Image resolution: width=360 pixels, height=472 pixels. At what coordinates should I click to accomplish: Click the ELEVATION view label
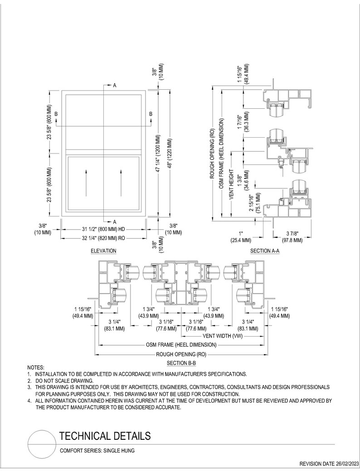[103, 250]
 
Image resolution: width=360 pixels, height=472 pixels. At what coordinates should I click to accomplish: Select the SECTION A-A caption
[265, 250]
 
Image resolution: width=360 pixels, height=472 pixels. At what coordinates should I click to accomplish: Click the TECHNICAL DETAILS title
[105, 436]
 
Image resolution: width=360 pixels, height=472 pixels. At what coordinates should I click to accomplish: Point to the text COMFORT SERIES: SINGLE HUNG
[97, 451]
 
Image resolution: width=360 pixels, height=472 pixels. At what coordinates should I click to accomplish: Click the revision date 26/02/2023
[329, 464]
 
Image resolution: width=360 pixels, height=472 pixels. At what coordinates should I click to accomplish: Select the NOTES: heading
[36, 367]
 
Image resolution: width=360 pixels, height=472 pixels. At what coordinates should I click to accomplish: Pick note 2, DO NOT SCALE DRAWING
[64, 381]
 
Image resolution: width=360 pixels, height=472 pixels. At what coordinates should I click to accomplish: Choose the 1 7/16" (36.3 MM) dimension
[242, 122]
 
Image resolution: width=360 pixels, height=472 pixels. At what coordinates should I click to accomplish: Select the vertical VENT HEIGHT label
[231, 185]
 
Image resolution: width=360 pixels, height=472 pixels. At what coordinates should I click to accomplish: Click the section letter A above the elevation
[115, 86]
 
